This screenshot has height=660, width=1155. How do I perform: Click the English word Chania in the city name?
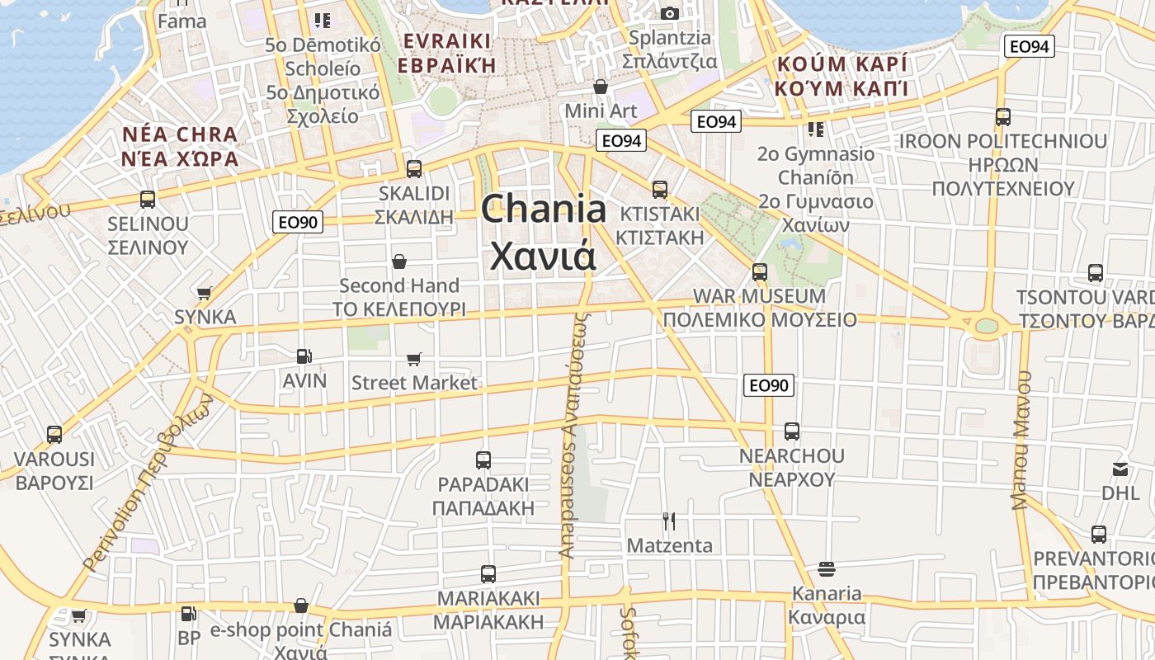pyautogui.click(x=544, y=209)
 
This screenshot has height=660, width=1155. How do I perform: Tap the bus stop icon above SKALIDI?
pyautogui.click(x=413, y=169)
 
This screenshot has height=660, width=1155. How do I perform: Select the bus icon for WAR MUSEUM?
pyautogui.click(x=759, y=271)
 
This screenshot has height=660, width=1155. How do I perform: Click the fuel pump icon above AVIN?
pyautogui.click(x=304, y=356)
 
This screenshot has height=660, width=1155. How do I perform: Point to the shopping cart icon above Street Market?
pyautogui.click(x=413, y=359)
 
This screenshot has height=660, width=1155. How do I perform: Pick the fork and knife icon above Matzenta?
pyautogui.click(x=669, y=521)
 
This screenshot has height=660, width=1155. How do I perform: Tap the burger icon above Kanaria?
pyautogui.click(x=827, y=569)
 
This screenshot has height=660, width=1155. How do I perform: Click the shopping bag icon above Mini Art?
pyautogui.click(x=601, y=87)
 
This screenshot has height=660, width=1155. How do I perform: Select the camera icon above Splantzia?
pyautogui.click(x=669, y=13)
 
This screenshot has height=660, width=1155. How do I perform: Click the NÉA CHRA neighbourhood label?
pyautogui.click(x=179, y=134)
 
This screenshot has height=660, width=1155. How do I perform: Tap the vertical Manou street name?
pyautogui.click(x=1022, y=440)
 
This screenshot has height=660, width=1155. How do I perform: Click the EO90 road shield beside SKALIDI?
pyautogui.click(x=298, y=221)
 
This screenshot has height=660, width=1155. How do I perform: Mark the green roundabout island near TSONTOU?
pyautogui.click(x=986, y=325)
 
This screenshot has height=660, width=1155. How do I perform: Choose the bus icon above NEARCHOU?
pyautogui.click(x=791, y=431)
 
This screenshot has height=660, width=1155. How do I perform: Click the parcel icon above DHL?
pyautogui.click(x=1120, y=469)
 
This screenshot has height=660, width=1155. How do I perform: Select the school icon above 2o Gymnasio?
pyautogui.click(x=815, y=130)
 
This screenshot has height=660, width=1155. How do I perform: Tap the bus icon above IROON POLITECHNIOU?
pyautogui.click(x=1002, y=117)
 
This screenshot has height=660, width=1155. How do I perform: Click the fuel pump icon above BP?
pyautogui.click(x=188, y=614)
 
